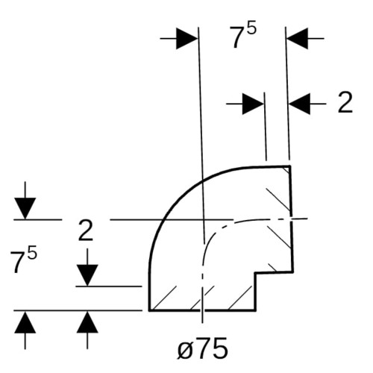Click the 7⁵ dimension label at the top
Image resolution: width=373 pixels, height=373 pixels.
(x=242, y=36)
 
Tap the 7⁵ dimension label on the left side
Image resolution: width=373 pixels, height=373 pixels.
(x=24, y=260)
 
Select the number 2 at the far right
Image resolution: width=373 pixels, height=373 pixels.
(x=345, y=102)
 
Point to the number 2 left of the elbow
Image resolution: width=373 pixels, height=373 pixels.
(x=86, y=231)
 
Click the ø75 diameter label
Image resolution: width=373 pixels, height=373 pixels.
(x=202, y=348)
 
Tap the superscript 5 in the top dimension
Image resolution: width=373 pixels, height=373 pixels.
(x=251, y=29)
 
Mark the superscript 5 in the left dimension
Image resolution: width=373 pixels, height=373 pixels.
(x=32, y=253)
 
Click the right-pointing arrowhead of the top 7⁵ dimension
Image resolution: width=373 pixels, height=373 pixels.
(x=187, y=39)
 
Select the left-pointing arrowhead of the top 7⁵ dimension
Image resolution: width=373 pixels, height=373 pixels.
(x=297, y=39)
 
